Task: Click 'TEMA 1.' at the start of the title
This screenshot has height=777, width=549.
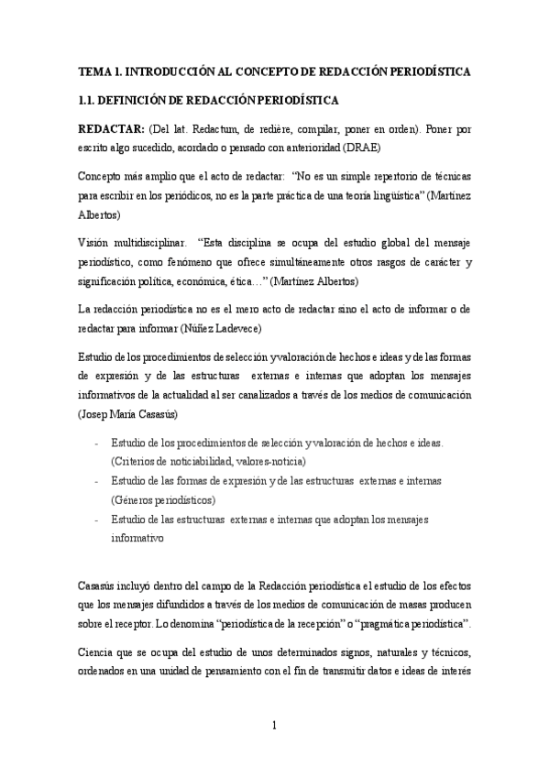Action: tap(100, 71)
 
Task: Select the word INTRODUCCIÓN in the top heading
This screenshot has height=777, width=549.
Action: tap(170, 71)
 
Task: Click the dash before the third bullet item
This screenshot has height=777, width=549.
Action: tap(97, 520)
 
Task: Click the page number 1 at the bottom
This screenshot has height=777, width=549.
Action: tap(275, 726)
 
